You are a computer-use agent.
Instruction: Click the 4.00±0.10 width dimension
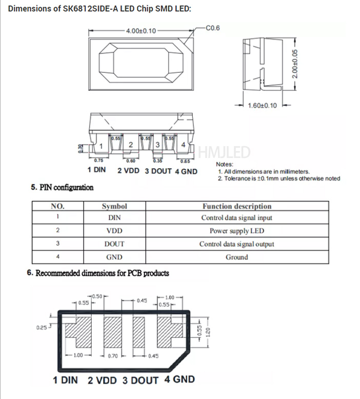(141, 31)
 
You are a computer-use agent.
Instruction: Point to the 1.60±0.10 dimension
(262, 106)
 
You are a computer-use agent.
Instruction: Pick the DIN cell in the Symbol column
(114, 217)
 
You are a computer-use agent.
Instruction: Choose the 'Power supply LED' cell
(236, 231)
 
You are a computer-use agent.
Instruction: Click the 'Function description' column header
(236, 206)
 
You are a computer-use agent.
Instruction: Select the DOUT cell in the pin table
(114, 244)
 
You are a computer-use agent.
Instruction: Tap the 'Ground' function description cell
(236, 257)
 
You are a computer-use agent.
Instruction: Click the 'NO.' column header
(57, 206)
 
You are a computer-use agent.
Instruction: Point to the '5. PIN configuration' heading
(62, 188)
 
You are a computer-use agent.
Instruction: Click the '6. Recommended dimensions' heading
(97, 273)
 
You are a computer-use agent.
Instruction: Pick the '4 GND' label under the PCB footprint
(179, 380)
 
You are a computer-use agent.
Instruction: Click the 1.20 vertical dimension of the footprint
(207, 330)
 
